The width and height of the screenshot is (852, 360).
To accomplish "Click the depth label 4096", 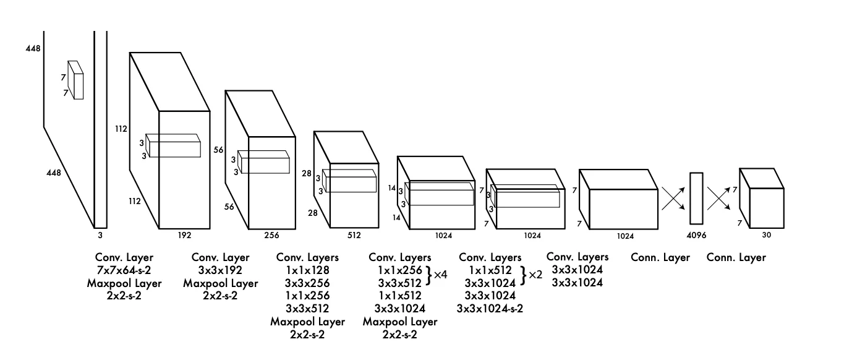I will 696,236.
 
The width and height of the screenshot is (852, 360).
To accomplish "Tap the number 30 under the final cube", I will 767,235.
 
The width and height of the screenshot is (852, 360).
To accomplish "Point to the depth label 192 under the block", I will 184,235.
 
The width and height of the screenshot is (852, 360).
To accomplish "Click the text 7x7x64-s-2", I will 124,270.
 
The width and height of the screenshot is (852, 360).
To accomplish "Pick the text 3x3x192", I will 221,270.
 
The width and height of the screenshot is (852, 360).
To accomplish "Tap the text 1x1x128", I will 307,270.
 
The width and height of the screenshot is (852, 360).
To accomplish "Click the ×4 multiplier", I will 440,273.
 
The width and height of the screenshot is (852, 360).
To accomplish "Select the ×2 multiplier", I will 535,274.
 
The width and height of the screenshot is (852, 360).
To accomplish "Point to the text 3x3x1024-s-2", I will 490,308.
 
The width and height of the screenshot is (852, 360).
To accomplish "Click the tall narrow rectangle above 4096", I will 697,198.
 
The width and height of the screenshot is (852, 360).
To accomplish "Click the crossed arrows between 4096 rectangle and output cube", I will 719,198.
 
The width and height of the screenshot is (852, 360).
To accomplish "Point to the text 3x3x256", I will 307,283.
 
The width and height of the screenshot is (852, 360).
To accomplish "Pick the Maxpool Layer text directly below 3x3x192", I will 221,283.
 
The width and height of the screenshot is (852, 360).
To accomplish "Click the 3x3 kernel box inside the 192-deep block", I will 174,145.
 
